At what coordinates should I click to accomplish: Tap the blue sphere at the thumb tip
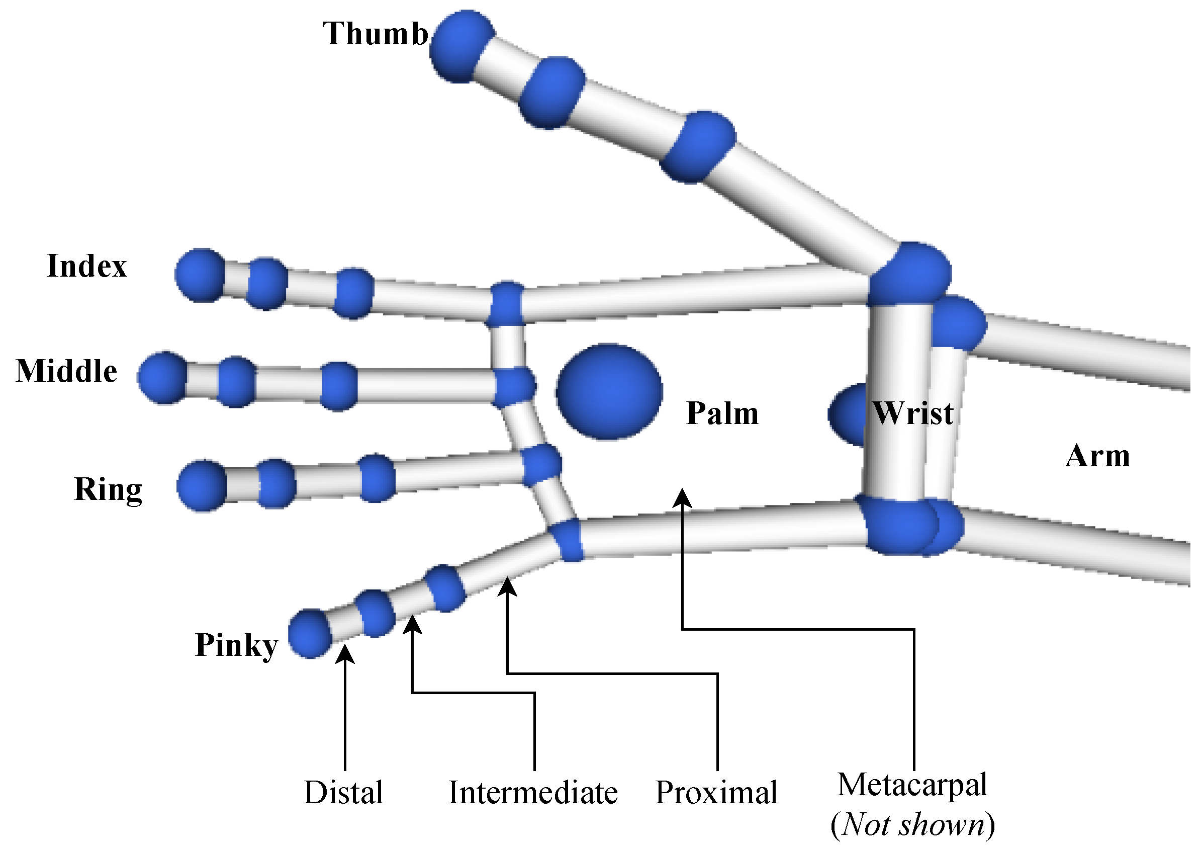pyautogui.click(x=461, y=46)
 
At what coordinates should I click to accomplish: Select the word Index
pyautogui.click(x=86, y=266)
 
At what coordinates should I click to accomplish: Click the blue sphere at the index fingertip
pyautogui.click(x=200, y=276)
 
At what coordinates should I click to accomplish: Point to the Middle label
pyautogui.click(x=66, y=371)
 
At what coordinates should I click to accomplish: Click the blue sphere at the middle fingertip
pyautogui.click(x=163, y=378)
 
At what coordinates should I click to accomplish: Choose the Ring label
pyautogui.click(x=108, y=489)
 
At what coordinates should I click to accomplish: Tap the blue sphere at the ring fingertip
pyautogui.click(x=202, y=486)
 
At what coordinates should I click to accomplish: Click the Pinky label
pyautogui.click(x=236, y=645)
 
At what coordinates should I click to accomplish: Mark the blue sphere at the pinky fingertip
pyautogui.click(x=311, y=634)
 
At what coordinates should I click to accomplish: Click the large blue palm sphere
pyautogui.click(x=609, y=391)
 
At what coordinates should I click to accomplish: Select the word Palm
pyautogui.click(x=722, y=413)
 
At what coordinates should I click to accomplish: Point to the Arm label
pyautogui.click(x=1097, y=456)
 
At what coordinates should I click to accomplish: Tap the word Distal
pyautogui.click(x=343, y=792)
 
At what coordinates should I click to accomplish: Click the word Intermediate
pyautogui.click(x=533, y=792)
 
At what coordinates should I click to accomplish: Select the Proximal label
pyautogui.click(x=716, y=792)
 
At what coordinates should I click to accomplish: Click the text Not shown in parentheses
pyautogui.click(x=913, y=825)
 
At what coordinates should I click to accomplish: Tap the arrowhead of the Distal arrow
pyautogui.click(x=345, y=654)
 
